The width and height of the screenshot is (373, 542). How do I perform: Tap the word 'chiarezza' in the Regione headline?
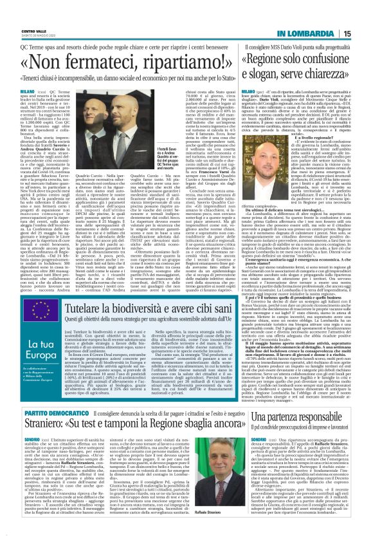329,69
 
